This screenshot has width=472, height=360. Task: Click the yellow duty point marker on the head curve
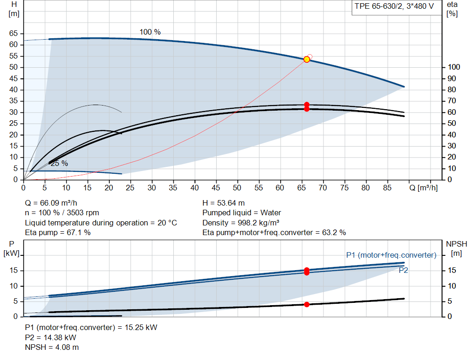(307, 59)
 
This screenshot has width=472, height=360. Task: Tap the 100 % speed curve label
(150, 32)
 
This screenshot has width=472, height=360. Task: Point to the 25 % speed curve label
(59, 163)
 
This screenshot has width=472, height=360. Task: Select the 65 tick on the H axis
(13, 33)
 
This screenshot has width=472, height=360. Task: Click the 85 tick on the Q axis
(387, 188)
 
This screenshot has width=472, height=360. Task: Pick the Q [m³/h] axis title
(423, 188)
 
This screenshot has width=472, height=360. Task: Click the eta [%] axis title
(452, 9)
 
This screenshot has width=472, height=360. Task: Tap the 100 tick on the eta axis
(454, 67)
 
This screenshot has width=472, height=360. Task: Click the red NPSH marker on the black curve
(307, 305)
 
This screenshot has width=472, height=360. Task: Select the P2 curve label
(403, 270)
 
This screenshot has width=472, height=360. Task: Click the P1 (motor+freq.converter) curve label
(391, 255)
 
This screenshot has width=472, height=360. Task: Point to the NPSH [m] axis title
(456, 248)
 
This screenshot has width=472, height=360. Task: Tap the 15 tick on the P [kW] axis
(13, 270)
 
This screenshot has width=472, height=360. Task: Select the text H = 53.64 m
(224, 203)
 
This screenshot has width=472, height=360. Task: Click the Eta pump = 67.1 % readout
(58, 232)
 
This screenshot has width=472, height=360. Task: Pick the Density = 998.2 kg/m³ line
(241, 223)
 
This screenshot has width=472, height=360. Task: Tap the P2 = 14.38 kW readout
(51, 337)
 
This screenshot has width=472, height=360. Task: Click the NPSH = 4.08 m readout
(52, 347)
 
